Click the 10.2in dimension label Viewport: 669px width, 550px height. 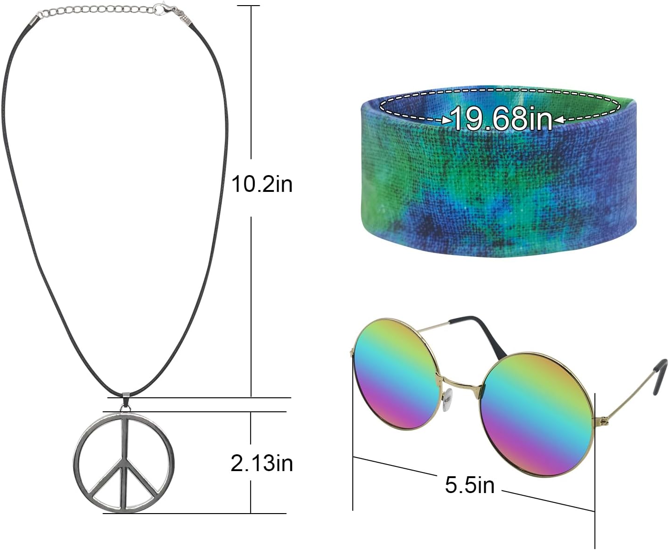(x=262, y=184)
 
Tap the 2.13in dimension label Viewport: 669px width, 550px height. (x=262, y=463)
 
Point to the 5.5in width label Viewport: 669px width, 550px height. (x=469, y=485)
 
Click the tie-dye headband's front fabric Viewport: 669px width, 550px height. (x=495, y=196)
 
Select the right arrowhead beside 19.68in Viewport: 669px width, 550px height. (x=558, y=120)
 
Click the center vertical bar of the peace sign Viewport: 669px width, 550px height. (x=125, y=462)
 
